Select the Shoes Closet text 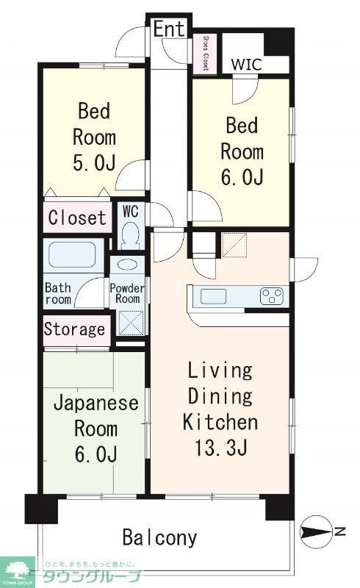click(x=205, y=53)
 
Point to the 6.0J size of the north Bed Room click(x=242, y=177)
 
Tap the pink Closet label click(x=77, y=218)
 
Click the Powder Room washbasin click(x=127, y=266)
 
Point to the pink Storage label click(x=74, y=329)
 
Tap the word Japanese click(x=96, y=403)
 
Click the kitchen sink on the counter click(x=214, y=296)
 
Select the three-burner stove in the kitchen click(x=272, y=296)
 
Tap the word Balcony click(x=159, y=537)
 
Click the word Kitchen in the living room click(x=220, y=423)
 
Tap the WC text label click(x=131, y=211)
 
